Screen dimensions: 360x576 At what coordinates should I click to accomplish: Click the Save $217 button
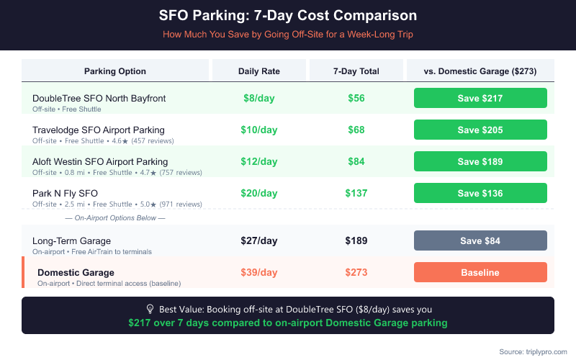click(x=480, y=98)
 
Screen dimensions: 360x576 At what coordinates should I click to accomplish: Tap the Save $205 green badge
click(x=480, y=130)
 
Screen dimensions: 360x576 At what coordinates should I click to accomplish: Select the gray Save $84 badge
click(x=480, y=240)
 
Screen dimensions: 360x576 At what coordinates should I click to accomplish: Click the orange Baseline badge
click(x=480, y=272)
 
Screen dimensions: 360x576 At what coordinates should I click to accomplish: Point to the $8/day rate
click(x=258, y=98)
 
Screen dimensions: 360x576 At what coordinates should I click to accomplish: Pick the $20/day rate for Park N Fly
click(x=258, y=193)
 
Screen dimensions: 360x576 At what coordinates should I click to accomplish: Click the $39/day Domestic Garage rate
click(x=258, y=272)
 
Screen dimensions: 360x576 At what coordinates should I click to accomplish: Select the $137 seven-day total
click(x=356, y=193)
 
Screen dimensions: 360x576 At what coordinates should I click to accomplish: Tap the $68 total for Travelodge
click(x=356, y=130)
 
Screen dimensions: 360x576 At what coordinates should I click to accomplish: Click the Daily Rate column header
click(x=259, y=71)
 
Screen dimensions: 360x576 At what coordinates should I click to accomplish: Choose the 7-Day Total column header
click(x=356, y=71)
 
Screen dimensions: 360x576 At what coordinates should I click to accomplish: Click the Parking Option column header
click(x=115, y=71)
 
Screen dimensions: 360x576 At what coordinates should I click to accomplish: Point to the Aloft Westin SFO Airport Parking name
click(x=100, y=161)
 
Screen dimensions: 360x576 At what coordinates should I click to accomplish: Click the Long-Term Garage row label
click(x=71, y=240)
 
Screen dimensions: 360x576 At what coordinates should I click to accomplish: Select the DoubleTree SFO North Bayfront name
click(x=99, y=98)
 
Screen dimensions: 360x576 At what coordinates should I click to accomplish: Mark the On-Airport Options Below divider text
click(x=115, y=217)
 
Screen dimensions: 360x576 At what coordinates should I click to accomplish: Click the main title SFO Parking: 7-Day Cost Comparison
click(x=288, y=15)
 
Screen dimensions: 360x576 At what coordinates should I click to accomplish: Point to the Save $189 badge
click(x=480, y=161)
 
